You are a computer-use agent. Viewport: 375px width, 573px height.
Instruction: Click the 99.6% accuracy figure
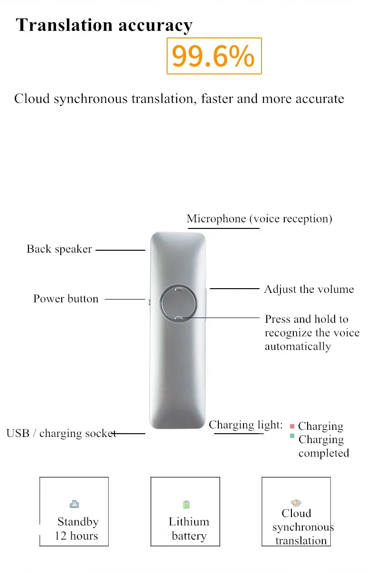(x=214, y=56)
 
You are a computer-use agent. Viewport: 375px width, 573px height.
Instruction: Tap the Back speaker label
(x=59, y=249)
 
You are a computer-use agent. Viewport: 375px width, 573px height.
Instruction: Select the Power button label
(x=66, y=299)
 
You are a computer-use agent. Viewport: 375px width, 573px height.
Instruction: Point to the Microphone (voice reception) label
(x=259, y=218)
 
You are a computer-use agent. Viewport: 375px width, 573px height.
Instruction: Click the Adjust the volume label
(x=309, y=289)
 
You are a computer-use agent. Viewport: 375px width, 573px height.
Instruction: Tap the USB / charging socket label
(x=61, y=433)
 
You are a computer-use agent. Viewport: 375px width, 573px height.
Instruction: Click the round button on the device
(x=178, y=303)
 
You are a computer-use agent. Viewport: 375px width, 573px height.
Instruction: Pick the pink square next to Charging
(x=292, y=427)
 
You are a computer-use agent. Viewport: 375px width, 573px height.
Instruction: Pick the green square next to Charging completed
(x=292, y=436)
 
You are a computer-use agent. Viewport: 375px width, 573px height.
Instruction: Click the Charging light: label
(x=245, y=425)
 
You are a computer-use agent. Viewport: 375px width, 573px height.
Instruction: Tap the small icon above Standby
(x=75, y=504)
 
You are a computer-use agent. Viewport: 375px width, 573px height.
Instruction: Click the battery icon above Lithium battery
(x=186, y=504)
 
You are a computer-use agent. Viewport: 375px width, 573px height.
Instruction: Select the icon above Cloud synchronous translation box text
(x=296, y=502)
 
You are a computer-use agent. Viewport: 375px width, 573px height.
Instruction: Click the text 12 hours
(x=76, y=536)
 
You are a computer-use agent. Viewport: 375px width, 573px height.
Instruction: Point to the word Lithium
(x=188, y=522)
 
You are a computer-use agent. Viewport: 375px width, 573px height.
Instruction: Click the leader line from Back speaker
(x=120, y=250)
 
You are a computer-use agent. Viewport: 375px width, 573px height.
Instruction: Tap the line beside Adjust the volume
(x=234, y=288)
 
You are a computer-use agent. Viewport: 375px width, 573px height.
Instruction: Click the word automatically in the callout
(x=298, y=346)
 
